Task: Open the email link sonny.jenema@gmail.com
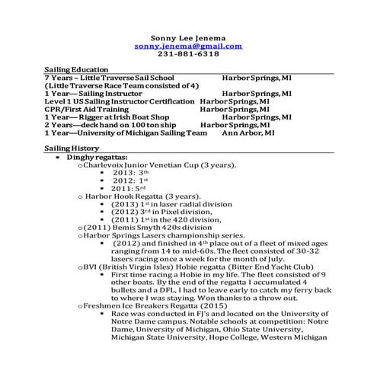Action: click(x=187, y=46)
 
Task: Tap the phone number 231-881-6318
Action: click(x=187, y=55)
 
